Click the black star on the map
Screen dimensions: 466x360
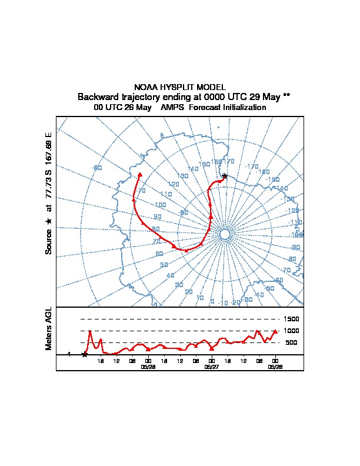pyautogui.click(x=224, y=176)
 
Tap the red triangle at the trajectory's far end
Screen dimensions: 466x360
pyautogui.click(x=139, y=175)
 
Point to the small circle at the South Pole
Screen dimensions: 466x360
pyautogui.click(x=224, y=234)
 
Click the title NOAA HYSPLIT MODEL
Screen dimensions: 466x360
pyautogui.click(x=180, y=86)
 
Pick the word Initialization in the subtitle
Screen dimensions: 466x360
pyautogui.click(x=243, y=108)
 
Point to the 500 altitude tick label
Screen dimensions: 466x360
pyautogui.click(x=291, y=342)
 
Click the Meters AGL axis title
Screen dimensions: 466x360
pyautogui.click(x=49, y=328)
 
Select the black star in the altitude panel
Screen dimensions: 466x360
pyautogui.click(x=85, y=354)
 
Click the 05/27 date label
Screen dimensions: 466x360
pyautogui.click(x=211, y=367)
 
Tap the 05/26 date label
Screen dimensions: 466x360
pyautogui.click(x=275, y=367)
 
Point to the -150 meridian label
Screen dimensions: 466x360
pyautogui.click(x=272, y=179)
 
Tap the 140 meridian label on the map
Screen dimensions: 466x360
pyautogui.click(x=192, y=169)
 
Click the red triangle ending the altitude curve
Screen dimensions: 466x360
pyautogui.click(x=275, y=332)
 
